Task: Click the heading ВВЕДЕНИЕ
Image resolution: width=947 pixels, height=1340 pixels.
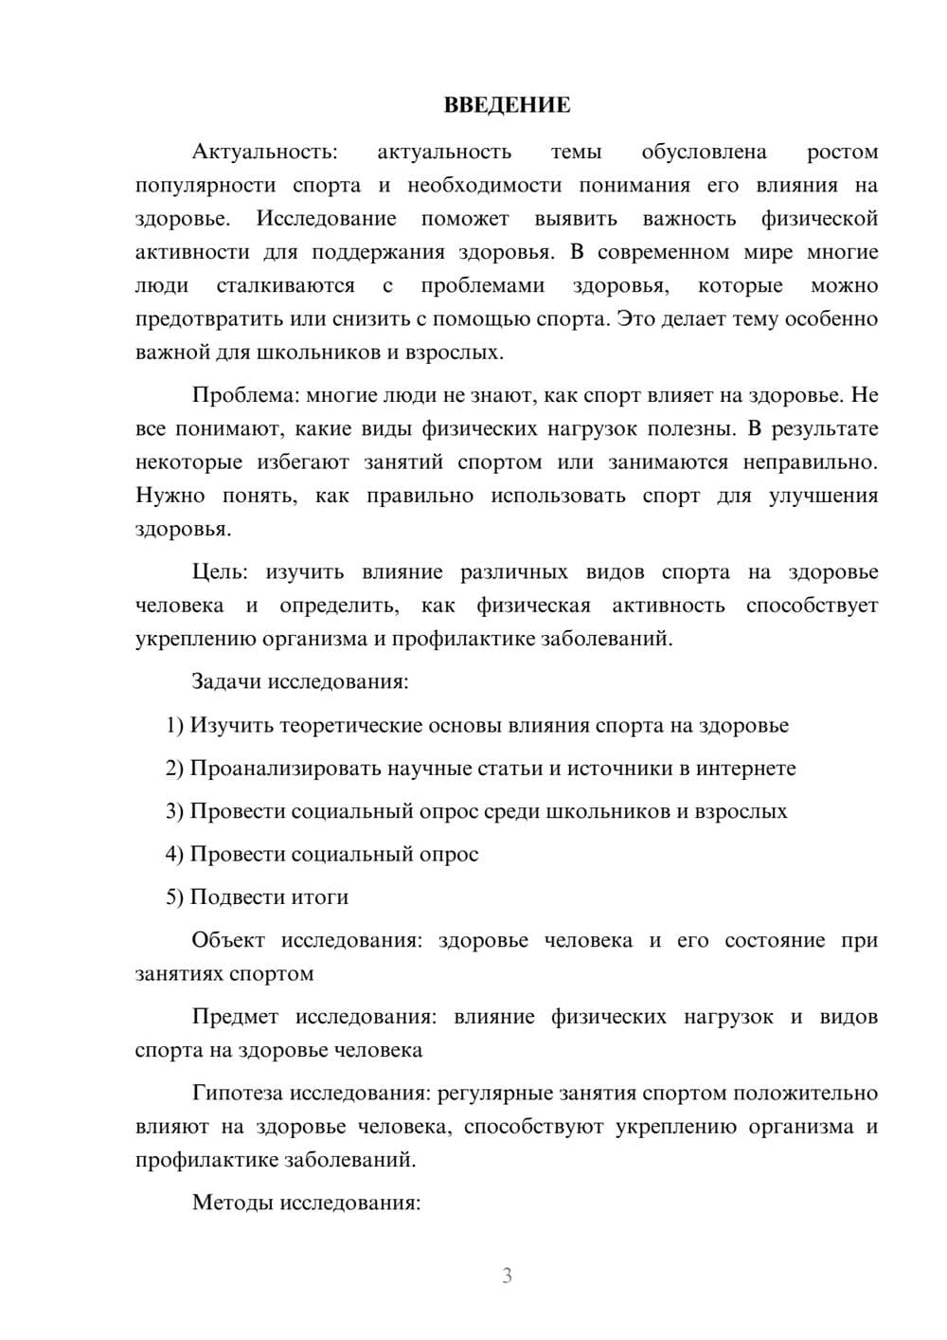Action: pos(507,105)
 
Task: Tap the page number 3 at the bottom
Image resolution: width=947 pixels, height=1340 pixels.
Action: pos(507,1276)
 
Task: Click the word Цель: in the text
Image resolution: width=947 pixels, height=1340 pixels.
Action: pos(220,572)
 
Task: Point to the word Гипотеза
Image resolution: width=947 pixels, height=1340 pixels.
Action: pos(237,1094)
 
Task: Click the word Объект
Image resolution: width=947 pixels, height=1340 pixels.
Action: pos(228,941)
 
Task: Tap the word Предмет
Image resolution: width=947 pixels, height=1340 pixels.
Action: pos(235,1018)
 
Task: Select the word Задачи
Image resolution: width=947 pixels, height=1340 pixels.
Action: pos(226,682)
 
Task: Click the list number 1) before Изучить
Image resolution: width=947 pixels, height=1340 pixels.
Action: pos(174,726)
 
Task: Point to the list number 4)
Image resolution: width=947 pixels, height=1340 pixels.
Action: pos(174,855)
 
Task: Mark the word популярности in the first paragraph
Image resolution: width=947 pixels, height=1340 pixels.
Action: pos(205,186)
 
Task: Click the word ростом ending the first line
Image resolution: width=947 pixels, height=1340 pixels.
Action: pos(842,153)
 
